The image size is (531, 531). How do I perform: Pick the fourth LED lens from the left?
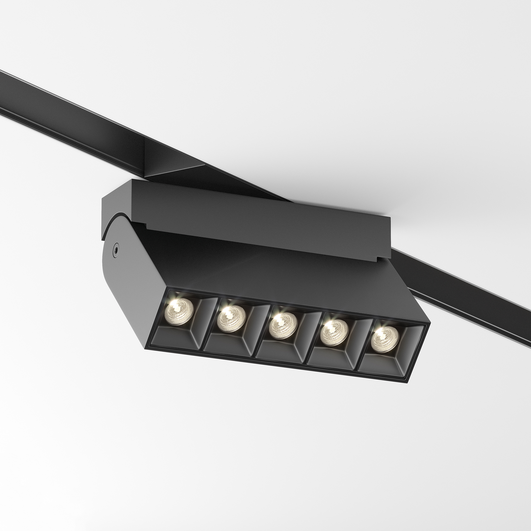pyautogui.click(x=334, y=333)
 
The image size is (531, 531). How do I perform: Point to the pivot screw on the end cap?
pyautogui.click(x=116, y=248)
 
